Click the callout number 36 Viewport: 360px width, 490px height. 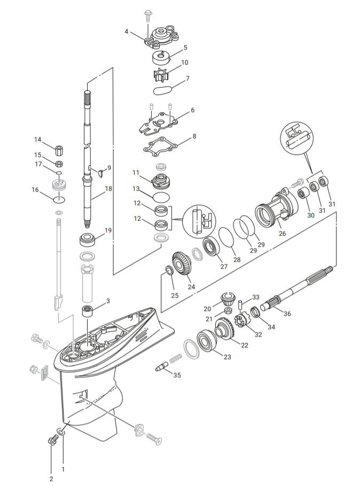click(287, 314)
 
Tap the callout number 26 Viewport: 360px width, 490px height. click(283, 233)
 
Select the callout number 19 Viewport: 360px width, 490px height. click(108, 230)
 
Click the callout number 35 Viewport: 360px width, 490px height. click(177, 375)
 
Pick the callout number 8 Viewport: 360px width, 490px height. click(194, 136)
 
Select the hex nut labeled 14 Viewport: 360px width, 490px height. click(59, 149)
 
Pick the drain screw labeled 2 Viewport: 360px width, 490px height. click(53, 440)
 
